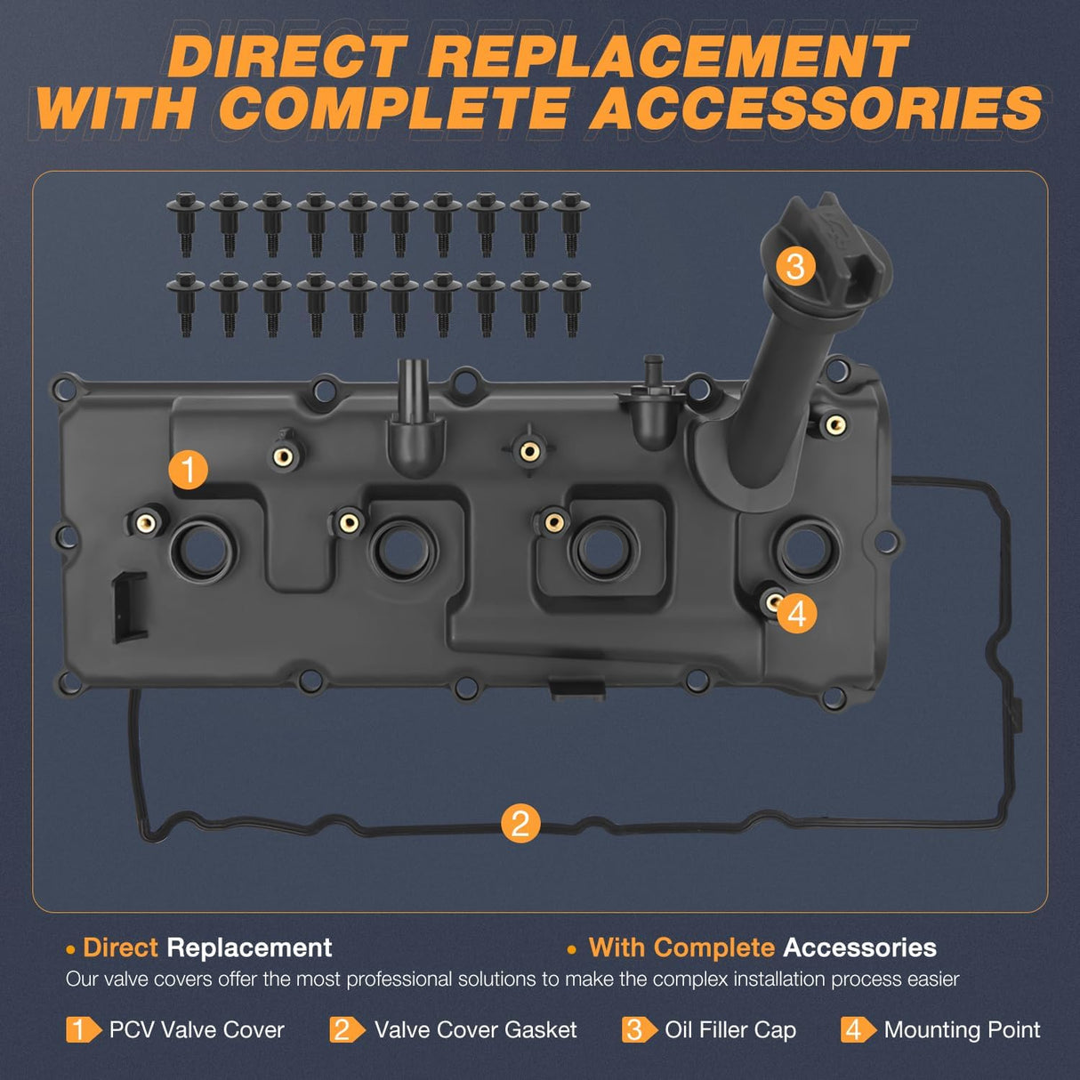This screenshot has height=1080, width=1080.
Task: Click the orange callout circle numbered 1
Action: point(188,469)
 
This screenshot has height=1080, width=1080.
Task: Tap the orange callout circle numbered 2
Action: point(520,823)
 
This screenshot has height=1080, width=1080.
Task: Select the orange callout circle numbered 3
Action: point(795,266)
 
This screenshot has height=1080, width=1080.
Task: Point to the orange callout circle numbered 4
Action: point(796,614)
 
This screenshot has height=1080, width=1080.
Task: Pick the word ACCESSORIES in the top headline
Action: point(816,109)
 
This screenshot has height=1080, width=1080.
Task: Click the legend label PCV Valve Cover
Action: point(197,1030)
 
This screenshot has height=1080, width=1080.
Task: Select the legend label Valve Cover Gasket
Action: point(475,1030)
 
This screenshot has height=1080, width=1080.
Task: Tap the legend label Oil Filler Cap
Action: point(730,1030)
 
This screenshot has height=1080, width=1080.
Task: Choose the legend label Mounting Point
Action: point(962,1030)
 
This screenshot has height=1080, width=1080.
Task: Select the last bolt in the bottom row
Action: point(571,302)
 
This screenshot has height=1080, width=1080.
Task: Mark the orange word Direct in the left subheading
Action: point(120,948)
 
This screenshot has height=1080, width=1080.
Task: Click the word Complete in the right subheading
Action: point(713,948)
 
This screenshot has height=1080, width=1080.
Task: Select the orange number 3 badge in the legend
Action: point(635,1030)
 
